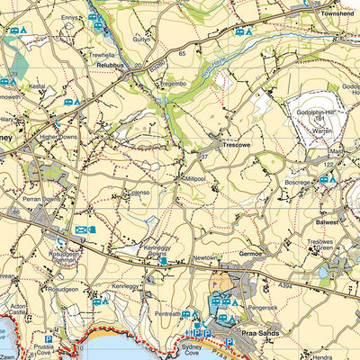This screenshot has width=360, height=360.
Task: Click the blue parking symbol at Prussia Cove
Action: [x=49, y=340]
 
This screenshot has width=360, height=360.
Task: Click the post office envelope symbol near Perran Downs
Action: [x=80, y=230]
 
